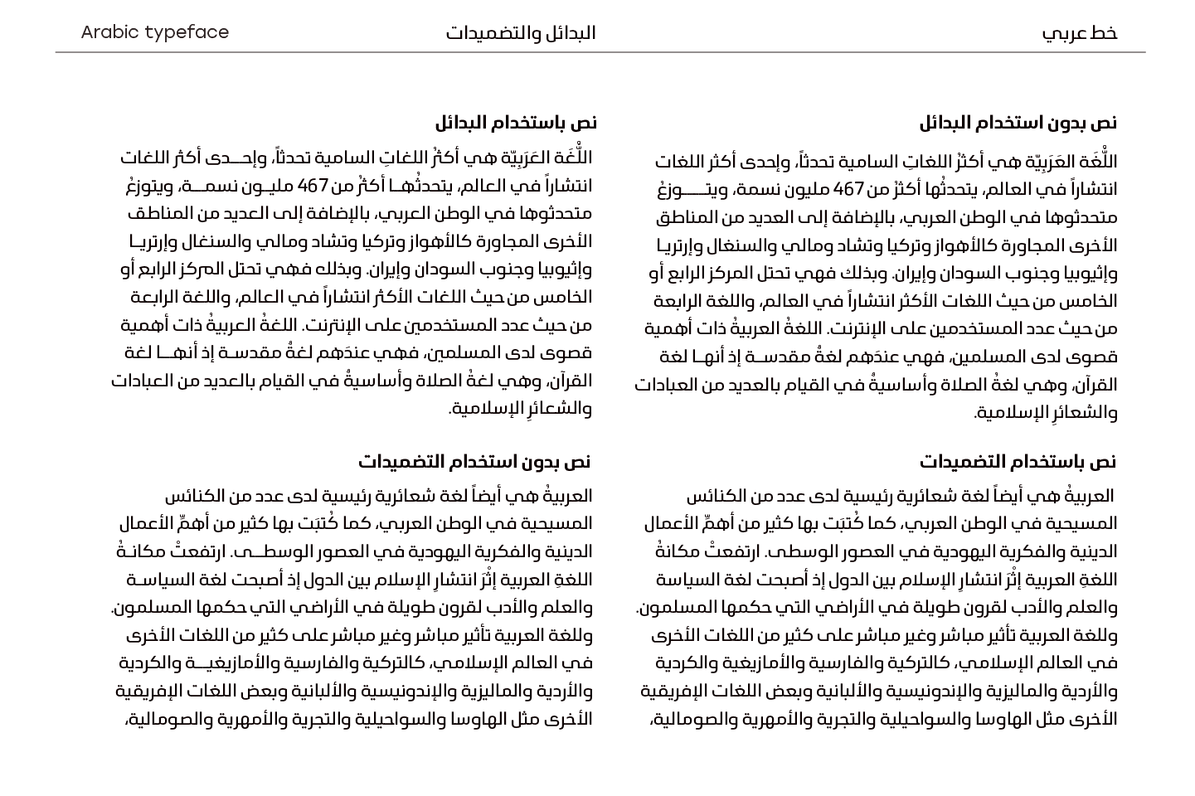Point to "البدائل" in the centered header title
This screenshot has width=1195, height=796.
coord(571,33)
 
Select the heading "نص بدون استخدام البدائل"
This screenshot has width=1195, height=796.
coord(1018,123)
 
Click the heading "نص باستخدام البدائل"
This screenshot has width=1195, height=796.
coord(515,123)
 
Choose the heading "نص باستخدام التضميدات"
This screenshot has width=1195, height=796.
coord(1018,461)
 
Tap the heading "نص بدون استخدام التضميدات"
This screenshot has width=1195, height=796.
coord(474,461)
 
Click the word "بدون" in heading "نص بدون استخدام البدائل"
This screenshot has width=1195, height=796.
coord(1066,123)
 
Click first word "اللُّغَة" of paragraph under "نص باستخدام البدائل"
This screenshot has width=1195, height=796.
coord(572,158)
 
